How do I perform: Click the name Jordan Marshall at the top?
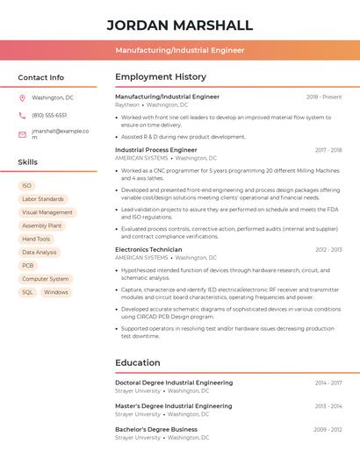[x=179, y=25]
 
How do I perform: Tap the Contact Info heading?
[x=40, y=77]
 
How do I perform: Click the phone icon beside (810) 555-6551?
[x=22, y=115]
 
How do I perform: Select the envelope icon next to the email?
[x=22, y=134]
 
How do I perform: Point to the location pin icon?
[x=22, y=97]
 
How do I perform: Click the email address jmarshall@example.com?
[x=60, y=134]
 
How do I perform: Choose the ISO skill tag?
[x=26, y=186]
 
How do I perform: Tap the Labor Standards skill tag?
[x=42, y=199]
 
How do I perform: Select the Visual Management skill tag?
[x=47, y=212]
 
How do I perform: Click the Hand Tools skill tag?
[x=36, y=239]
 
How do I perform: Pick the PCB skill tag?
[x=28, y=265]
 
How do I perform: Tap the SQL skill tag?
[x=27, y=292]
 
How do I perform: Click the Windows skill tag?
[x=55, y=292]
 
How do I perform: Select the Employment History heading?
[x=161, y=76]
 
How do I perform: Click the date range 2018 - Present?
[x=324, y=97]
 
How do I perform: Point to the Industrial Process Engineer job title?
[x=156, y=150]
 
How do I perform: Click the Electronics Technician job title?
[x=148, y=249]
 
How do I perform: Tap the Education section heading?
[x=137, y=362]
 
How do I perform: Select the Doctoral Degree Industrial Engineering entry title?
[x=174, y=383]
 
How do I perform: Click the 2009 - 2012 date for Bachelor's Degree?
[x=328, y=429]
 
